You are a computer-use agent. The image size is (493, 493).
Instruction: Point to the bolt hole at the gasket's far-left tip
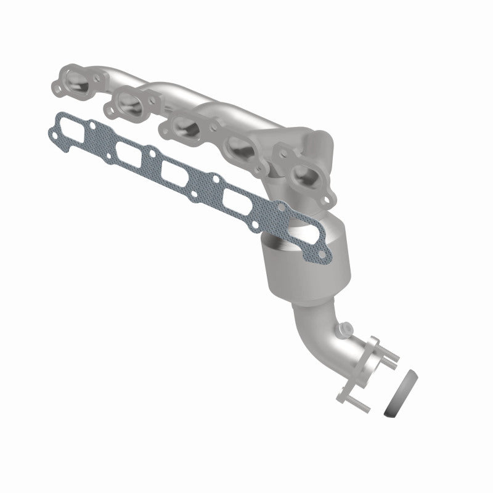click(51, 130)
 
